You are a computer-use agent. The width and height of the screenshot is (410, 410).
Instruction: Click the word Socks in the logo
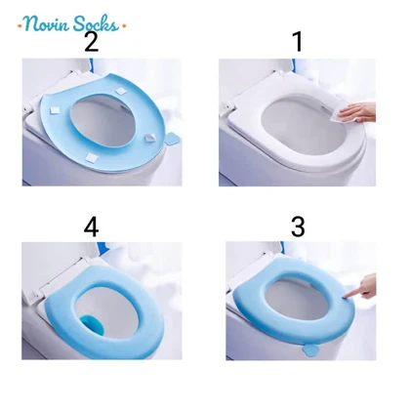tap(96, 23)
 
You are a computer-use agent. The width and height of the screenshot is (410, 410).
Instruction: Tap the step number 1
tap(298, 42)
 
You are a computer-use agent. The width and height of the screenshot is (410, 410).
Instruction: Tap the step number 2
tap(92, 42)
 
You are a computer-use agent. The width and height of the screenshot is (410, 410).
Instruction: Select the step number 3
tap(298, 226)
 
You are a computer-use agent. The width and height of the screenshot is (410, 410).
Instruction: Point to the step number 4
tap(91, 226)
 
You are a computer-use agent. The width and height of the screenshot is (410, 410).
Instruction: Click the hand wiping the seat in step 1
tap(358, 112)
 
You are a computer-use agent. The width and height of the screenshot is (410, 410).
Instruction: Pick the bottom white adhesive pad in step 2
tap(91, 157)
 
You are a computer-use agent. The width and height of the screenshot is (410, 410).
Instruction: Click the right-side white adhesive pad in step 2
tap(151, 139)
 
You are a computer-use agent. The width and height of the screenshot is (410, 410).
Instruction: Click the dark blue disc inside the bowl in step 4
tap(94, 325)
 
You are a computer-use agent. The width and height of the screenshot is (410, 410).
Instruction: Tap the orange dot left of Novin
tap(20, 25)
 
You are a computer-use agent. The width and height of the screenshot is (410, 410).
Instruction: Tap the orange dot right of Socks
tap(123, 26)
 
